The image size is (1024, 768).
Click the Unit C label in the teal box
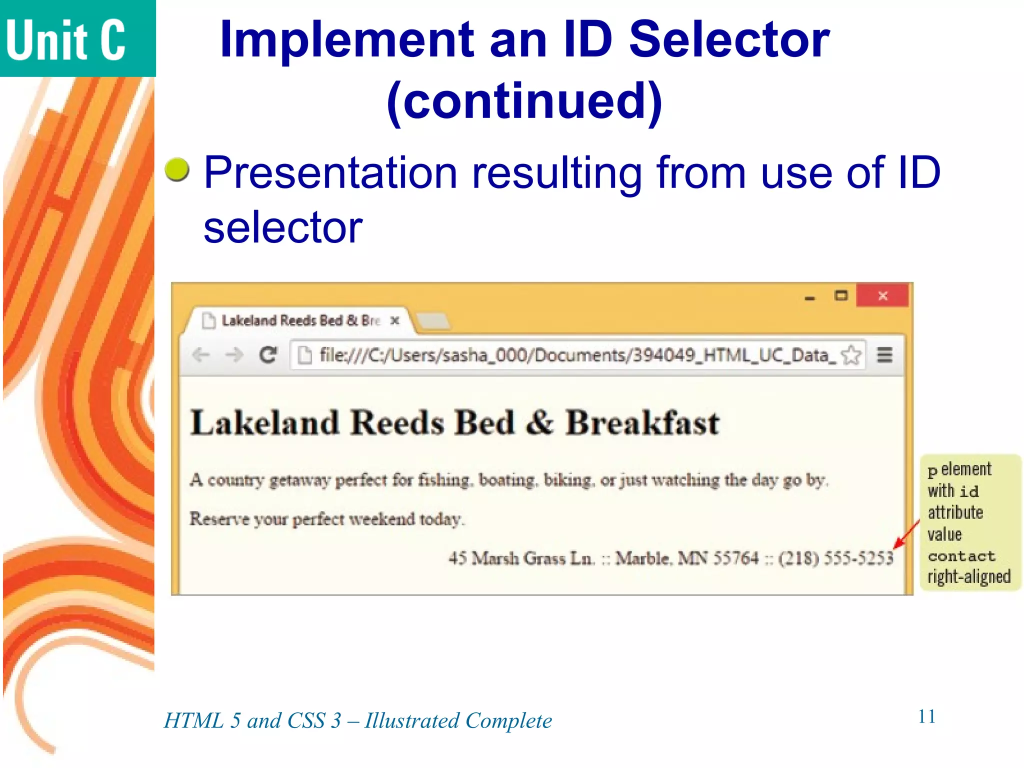65,40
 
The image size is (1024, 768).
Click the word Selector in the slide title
729,40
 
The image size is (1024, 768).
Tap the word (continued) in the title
524,102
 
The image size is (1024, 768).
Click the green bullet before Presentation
177,170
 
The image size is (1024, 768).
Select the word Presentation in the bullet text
330,172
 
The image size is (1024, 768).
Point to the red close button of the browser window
882,295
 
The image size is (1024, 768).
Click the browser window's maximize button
841,295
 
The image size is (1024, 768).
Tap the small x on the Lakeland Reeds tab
395,320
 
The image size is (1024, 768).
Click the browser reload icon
268,355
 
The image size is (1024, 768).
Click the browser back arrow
201,355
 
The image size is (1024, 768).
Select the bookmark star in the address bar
851,355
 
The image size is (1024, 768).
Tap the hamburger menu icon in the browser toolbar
884,355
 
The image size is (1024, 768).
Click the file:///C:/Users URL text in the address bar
575,355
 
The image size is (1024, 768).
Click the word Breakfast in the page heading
642,423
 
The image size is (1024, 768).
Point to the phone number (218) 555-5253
835,557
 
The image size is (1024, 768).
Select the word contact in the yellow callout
961,556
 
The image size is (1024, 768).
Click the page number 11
926,716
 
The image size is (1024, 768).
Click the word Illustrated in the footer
411,721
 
